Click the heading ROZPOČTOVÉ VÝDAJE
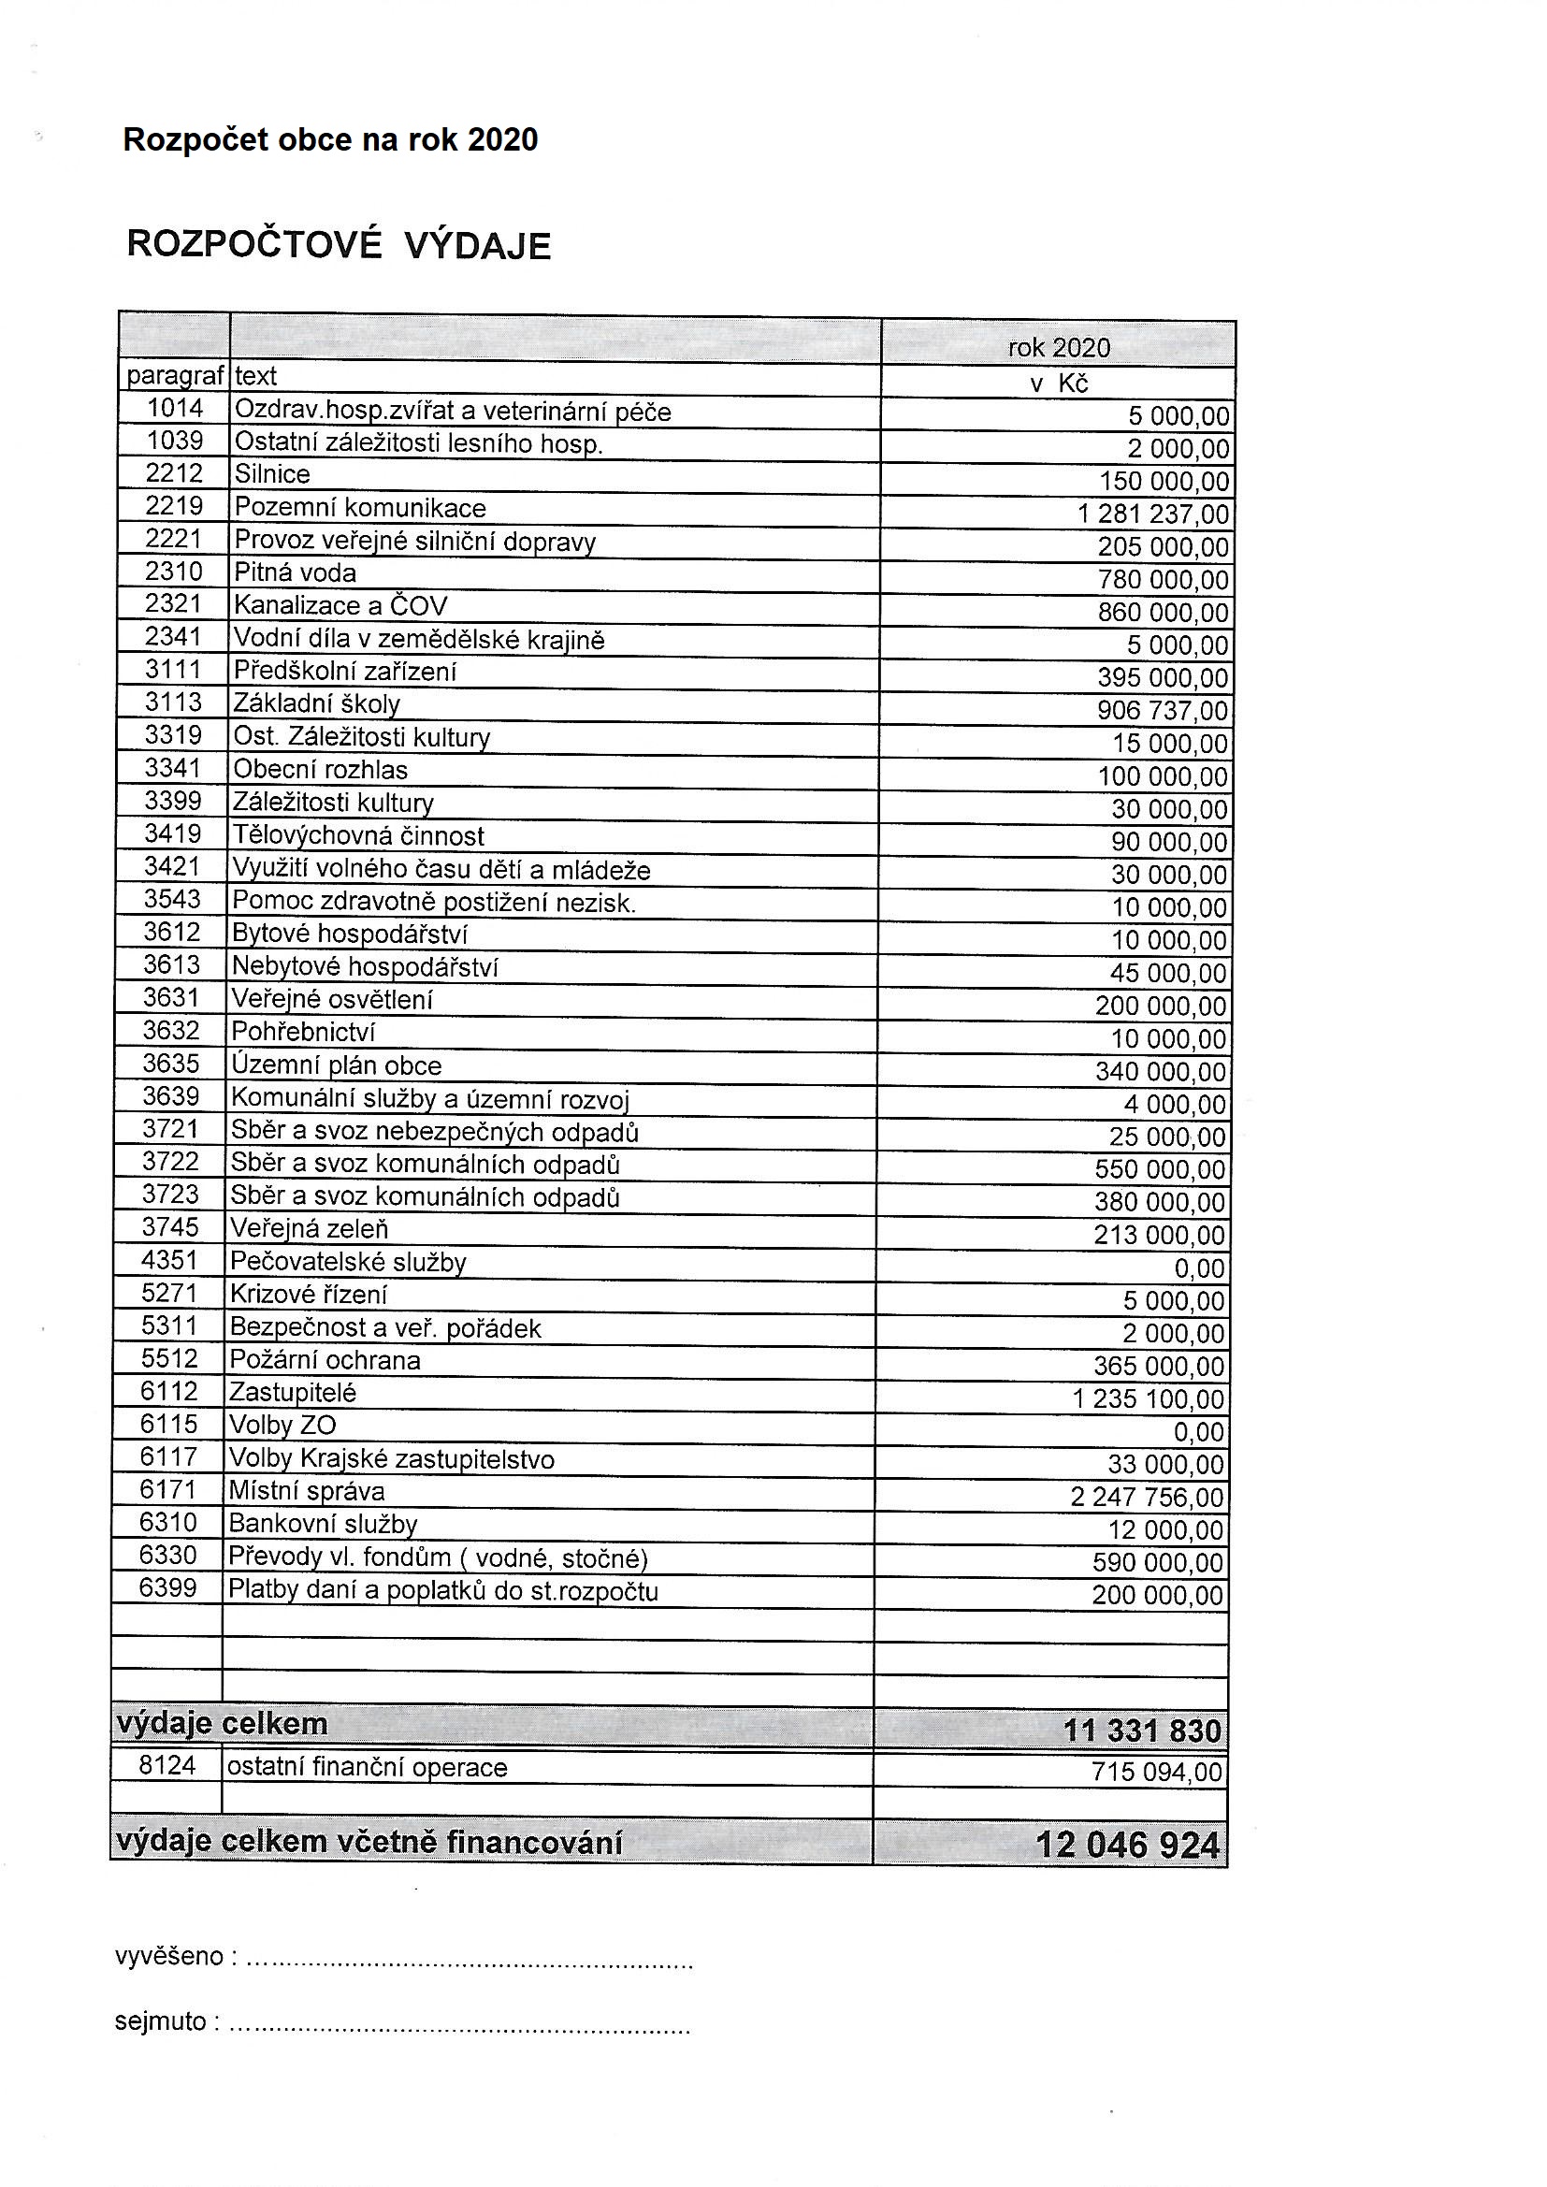click(x=339, y=246)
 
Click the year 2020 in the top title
click(x=503, y=140)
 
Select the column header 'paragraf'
click(x=174, y=376)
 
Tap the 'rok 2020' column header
click(x=1059, y=348)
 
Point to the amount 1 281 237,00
click(x=1152, y=514)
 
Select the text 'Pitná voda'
click(x=296, y=572)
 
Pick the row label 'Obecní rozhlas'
click(x=320, y=770)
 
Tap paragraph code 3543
click(x=172, y=899)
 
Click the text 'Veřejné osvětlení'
click(x=331, y=999)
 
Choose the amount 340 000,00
click(x=1160, y=1072)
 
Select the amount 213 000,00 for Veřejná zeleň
click(x=1159, y=1236)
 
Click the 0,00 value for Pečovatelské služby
click(x=1199, y=1267)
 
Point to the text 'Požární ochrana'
click(x=324, y=1360)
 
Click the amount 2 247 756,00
click(x=1146, y=1498)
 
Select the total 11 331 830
click(x=1141, y=1730)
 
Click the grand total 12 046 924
click(x=1127, y=1845)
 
